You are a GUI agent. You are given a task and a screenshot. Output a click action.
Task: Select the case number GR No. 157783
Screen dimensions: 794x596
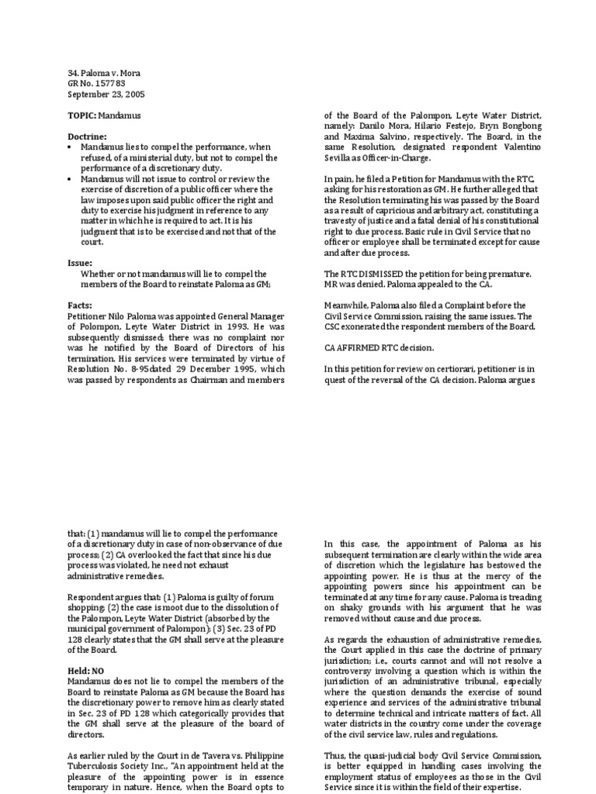(95, 84)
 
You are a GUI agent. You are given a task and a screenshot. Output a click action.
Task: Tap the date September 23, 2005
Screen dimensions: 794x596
(106, 95)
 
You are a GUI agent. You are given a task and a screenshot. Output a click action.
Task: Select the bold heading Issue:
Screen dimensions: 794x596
(81, 263)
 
